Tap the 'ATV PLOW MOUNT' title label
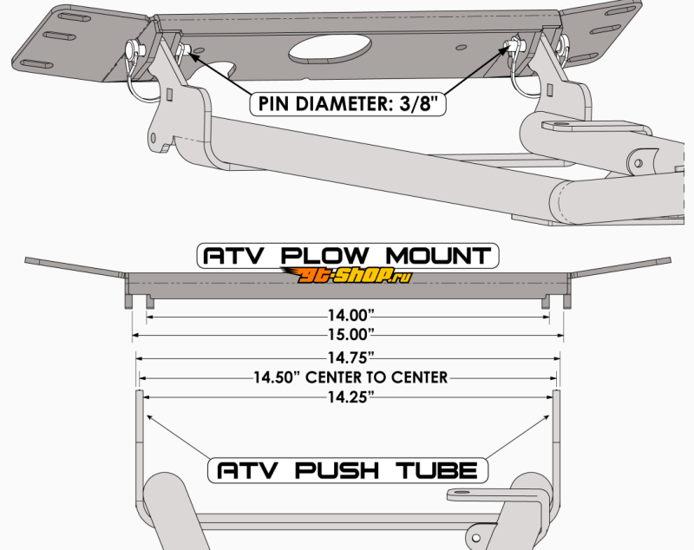click(x=346, y=256)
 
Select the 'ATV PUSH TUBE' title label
click(x=347, y=471)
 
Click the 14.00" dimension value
click(x=347, y=318)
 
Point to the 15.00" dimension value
click(x=347, y=334)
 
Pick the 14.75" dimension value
click(x=347, y=357)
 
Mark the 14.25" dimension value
click(x=347, y=396)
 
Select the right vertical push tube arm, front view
click(x=556, y=434)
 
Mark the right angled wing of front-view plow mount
click(x=619, y=267)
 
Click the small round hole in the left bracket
click(x=154, y=137)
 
